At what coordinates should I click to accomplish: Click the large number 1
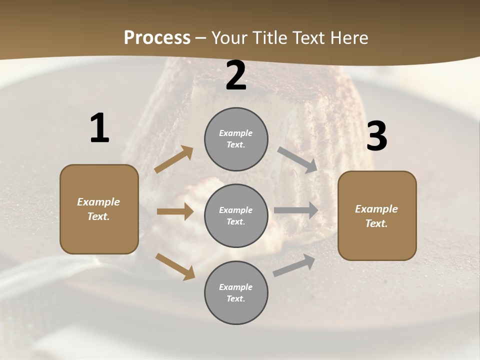pyautogui.click(x=99, y=128)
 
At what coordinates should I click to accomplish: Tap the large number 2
pyautogui.click(x=236, y=76)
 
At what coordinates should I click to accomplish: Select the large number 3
pyautogui.click(x=376, y=136)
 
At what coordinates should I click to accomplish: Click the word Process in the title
pyautogui.click(x=157, y=37)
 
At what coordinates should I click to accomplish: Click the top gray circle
pyautogui.click(x=236, y=139)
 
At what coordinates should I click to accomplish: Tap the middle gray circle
pyautogui.click(x=236, y=215)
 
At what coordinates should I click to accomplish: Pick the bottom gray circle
pyautogui.click(x=236, y=292)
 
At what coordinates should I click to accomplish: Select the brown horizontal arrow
pyautogui.click(x=175, y=211)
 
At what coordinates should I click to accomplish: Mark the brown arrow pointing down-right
pyautogui.click(x=175, y=266)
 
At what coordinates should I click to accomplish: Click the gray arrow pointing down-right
pyautogui.click(x=297, y=160)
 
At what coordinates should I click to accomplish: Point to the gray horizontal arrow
pyautogui.click(x=296, y=210)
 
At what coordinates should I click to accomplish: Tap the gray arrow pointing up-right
pyautogui.click(x=294, y=265)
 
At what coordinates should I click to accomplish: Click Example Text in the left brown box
pyautogui.click(x=98, y=209)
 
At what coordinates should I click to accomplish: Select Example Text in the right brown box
pyautogui.click(x=376, y=216)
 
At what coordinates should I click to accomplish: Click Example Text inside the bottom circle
pyautogui.click(x=236, y=292)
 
